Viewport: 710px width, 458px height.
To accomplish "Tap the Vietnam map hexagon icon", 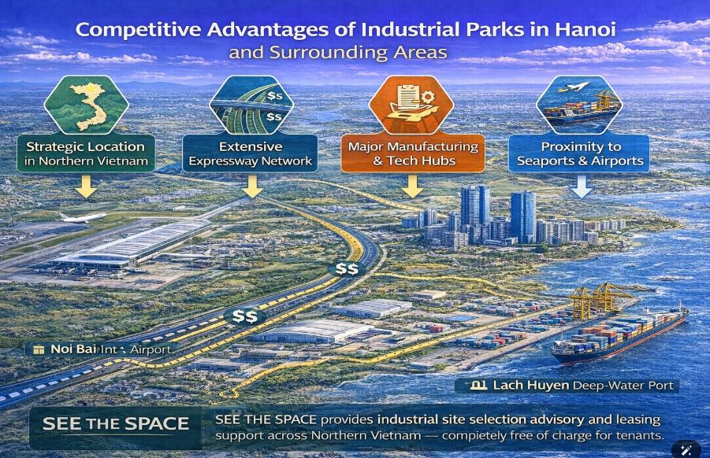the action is point(86,105).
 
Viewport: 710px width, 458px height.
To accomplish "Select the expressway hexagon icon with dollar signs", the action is point(251,105).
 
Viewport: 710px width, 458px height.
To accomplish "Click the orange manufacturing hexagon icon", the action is point(411,105).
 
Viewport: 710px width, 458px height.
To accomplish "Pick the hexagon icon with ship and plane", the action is point(579,105).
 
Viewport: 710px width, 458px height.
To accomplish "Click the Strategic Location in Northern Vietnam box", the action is point(86,153).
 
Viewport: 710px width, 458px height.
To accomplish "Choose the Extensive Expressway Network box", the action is point(250,153).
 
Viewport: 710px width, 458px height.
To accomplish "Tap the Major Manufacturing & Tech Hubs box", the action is point(412,153).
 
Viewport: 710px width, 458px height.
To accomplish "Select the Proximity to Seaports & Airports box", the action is point(579,153).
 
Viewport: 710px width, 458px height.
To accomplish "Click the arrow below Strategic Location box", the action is point(86,187).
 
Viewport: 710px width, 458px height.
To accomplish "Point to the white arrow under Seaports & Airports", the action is point(581,187).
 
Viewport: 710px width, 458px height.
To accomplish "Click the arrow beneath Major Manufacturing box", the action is point(412,187).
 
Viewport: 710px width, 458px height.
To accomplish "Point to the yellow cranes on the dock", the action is point(598,299).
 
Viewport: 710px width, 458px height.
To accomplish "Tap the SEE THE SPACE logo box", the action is point(116,423).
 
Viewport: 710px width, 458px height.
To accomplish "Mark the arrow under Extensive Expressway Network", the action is point(252,187).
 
